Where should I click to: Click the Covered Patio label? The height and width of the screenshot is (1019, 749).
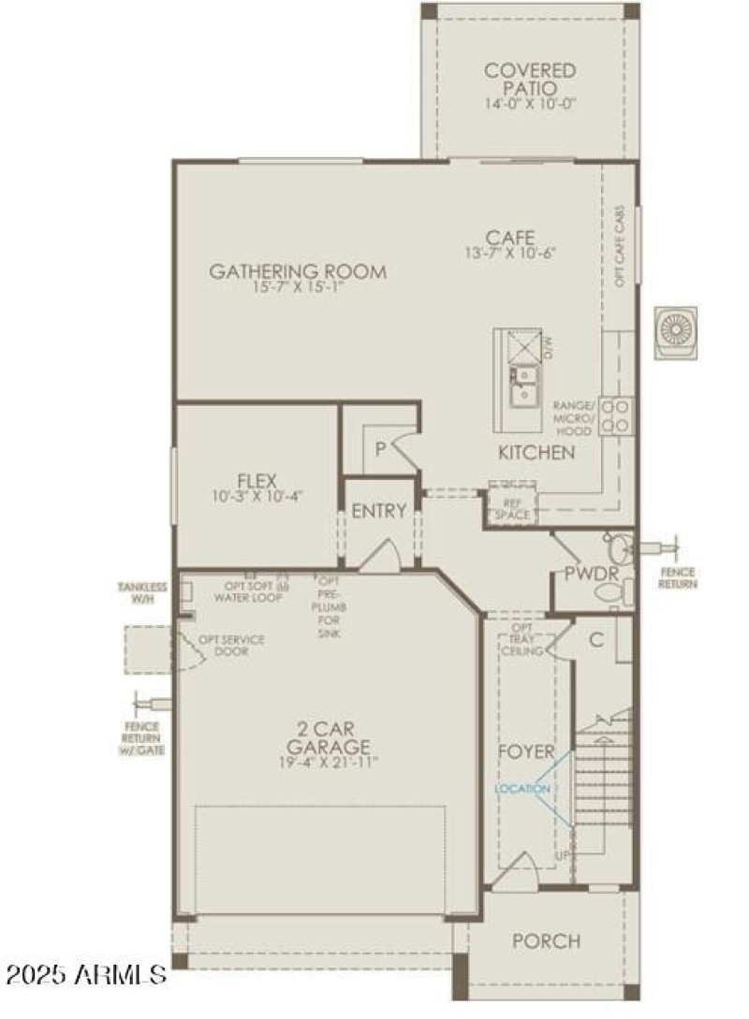click(530, 79)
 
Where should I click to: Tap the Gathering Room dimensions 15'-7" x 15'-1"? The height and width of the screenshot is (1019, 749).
click(298, 288)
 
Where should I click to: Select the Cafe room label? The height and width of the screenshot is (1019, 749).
click(510, 237)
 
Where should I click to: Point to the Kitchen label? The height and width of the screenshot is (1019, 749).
click(536, 453)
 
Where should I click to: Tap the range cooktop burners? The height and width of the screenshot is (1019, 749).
click(615, 415)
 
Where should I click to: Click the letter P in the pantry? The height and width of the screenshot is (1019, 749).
click(380, 449)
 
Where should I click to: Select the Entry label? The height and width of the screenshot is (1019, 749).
click(379, 511)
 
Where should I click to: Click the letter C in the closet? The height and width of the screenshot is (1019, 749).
click(595, 640)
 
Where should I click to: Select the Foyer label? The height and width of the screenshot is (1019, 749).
click(524, 751)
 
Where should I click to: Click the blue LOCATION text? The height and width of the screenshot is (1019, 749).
click(523, 789)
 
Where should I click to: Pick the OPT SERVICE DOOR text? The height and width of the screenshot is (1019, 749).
click(230, 645)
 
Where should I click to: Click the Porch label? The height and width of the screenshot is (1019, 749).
click(546, 940)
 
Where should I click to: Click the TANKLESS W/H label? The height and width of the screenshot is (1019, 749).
click(142, 592)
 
